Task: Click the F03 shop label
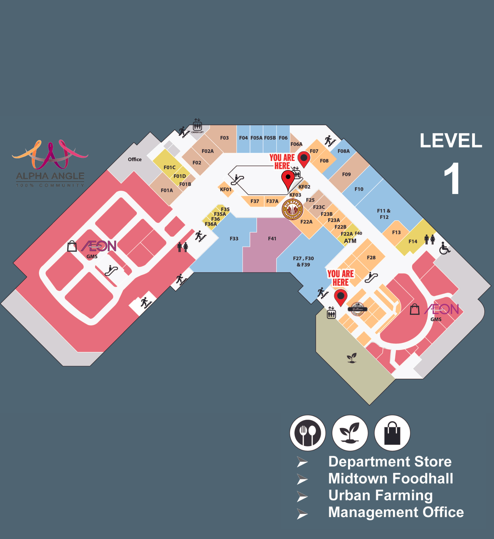(x=224, y=138)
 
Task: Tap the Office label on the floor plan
(x=135, y=159)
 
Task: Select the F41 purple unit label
(x=272, y=239)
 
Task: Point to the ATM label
(x=350, y=241)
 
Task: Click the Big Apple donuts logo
(x=292, y=209)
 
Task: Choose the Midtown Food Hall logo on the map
(x=357, y=309)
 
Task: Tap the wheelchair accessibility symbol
(x=445, y=248)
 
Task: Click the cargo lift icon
(x=197, y=125)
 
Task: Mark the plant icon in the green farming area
(x=352, y=358)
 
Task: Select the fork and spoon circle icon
(x=308, y=433)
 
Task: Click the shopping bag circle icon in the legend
(x=392, y=433)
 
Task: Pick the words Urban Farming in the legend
(x=380, y=495)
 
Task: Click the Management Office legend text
(x=396, y=512)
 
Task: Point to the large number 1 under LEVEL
(x=452, y=179)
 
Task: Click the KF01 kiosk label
(x=226, y=189)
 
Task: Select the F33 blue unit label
(x=234, y=239)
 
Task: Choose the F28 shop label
(x=371, y=258)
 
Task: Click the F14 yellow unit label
(x=413, y=241)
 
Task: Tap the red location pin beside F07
(x=304, y=159)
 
